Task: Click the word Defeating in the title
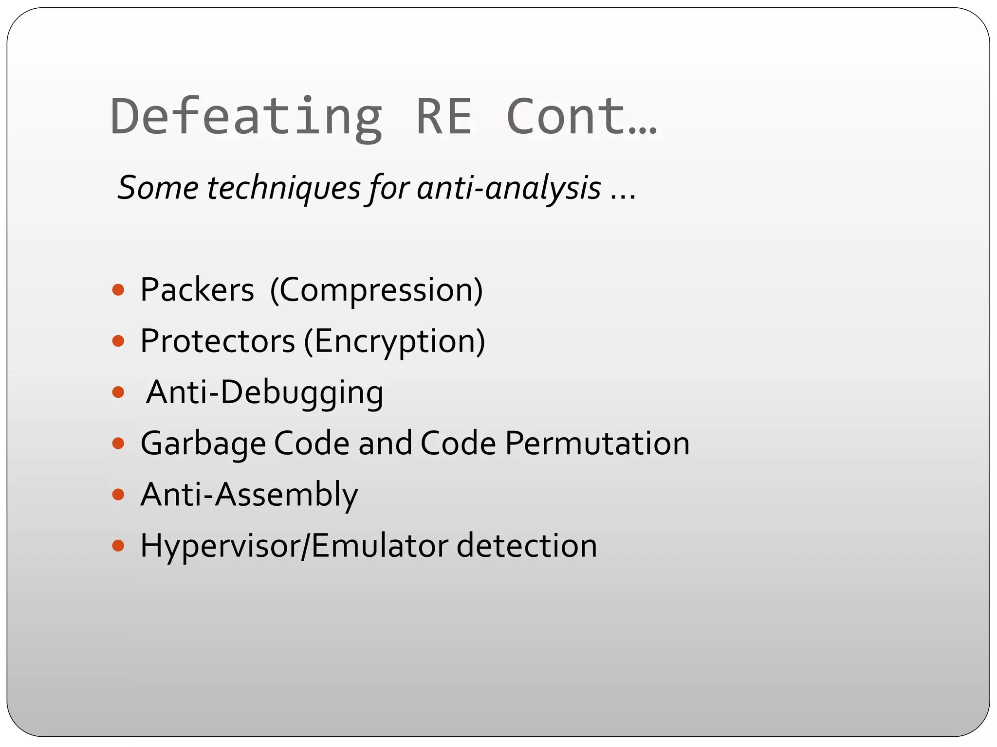pyautogui.click(x=246, y=117)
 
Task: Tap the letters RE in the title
pyautogui.click(x=444, y=117)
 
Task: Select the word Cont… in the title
pyautogui.click(x=582, y=117)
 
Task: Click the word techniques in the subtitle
pyautogui.click(x=284, y=188)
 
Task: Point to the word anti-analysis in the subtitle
pyautogui.click(x=509, y=188)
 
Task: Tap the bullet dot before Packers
pyautogui.click(x=118, y=290)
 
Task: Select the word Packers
pyautogui.click(x=197, y=290)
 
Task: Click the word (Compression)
pyautogui.click(x=376, y=290)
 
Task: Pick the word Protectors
pyautogui.click(x=218, y=341)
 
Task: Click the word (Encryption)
pyautogui.click(x=394, y=341)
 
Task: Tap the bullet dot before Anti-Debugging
pyautogui.click(x=118, y=392)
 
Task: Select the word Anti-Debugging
pyautogui.click(x=264, y=392)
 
